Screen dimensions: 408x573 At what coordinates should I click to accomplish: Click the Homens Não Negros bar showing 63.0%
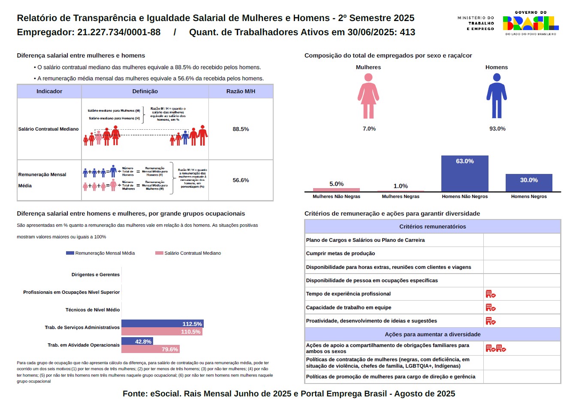pos(464,174)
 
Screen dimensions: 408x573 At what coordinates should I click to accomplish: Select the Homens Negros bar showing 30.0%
pos(529,183)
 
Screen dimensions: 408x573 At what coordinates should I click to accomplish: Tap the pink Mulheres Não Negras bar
pos(336,189)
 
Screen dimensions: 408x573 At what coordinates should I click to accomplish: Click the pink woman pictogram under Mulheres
pos(368,96)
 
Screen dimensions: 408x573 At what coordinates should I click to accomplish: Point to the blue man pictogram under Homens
pos(497,96)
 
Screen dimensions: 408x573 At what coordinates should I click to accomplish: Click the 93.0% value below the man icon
pos(497,129)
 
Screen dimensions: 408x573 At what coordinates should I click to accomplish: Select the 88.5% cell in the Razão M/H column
pos(241,129)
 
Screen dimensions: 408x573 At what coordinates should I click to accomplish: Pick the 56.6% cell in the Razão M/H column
pos(241,180)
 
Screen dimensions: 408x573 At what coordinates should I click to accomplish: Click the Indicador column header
pos(49,91)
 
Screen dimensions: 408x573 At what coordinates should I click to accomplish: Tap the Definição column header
pos(145,91)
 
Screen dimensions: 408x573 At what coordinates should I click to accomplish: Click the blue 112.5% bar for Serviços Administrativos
pos(162,324)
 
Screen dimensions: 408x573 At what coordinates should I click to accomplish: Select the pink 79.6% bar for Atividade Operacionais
pos(150,349)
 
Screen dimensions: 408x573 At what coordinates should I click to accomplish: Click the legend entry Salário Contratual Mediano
pos(188,253)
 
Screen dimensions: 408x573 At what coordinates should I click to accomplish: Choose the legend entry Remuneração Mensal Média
pos(100,253)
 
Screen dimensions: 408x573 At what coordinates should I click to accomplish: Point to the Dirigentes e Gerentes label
pos(96,274)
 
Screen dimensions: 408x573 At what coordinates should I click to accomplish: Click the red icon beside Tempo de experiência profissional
pos(491,294)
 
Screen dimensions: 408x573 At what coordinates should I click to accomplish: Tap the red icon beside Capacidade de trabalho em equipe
pos(491,308)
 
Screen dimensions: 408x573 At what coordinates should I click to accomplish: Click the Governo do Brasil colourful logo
pos(531,23)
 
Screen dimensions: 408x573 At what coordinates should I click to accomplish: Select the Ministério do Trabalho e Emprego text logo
pos(476,23)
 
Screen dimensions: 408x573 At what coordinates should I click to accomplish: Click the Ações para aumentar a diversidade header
pos(432,334)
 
